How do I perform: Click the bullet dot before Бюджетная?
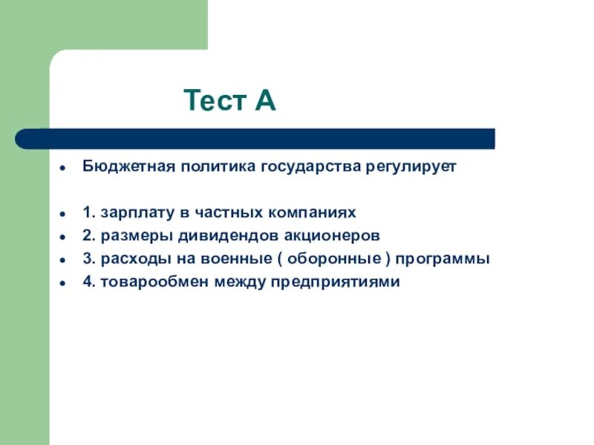64,168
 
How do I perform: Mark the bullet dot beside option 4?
64,283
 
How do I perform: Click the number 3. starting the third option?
88,259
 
